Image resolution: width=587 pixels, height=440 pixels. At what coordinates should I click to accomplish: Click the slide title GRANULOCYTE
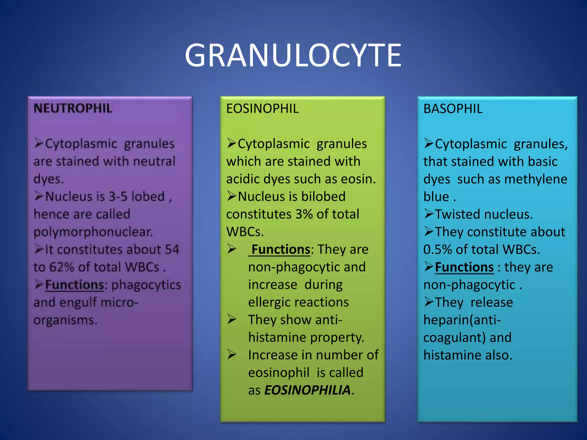(x=293, y=55)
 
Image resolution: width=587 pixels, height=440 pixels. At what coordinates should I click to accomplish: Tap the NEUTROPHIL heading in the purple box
(x=73, y=109)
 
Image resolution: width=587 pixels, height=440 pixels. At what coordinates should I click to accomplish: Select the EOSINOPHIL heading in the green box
(x=262, y=109)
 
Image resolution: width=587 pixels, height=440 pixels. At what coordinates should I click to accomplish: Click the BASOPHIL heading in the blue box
(x=453, y=109)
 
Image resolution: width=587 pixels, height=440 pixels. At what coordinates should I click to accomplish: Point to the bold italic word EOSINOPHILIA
(x=307, y=390)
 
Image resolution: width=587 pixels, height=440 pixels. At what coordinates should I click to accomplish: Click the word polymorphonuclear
(x=93, y=232)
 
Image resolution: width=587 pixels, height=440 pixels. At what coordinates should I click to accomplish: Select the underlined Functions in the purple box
(x=75, y=285)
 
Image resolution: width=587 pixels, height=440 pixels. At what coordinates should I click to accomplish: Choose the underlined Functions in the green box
(x=281, y=250)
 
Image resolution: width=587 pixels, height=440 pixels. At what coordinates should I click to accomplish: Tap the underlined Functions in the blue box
(x=464, y=267)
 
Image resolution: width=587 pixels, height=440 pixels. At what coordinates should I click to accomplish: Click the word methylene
(x=536, y=179)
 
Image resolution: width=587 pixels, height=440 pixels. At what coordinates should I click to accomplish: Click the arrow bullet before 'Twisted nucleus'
(x=429, y=214)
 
